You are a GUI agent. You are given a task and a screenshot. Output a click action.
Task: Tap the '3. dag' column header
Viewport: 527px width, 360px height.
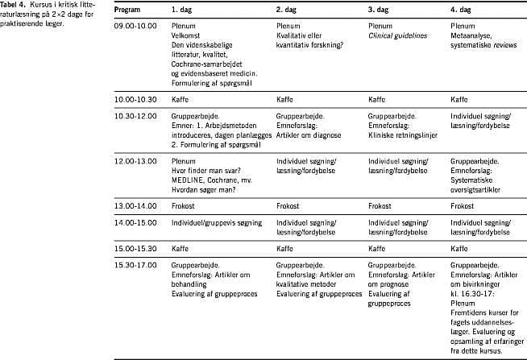379,9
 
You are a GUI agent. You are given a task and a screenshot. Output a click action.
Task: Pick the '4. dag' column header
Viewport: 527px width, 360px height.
461,9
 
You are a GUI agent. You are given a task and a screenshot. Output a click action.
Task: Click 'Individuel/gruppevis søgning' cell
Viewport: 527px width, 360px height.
217,221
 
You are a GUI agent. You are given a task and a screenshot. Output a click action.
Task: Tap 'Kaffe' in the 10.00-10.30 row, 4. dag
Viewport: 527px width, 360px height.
459,99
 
